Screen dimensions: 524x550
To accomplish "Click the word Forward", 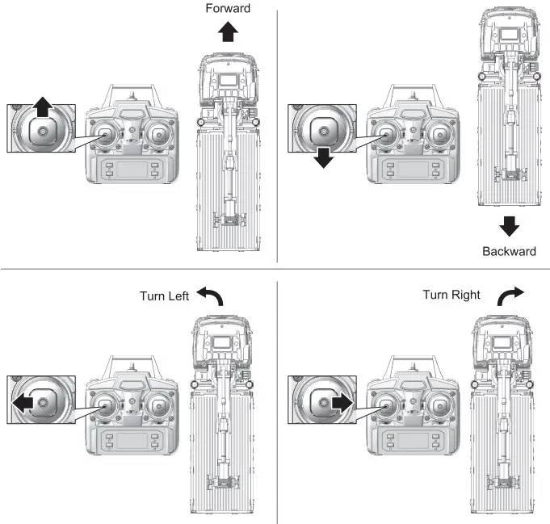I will (x=228, y=9).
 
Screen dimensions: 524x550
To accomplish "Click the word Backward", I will (x=509, y=251).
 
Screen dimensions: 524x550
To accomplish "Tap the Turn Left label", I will (x=164, y=296).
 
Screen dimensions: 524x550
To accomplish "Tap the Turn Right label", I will (x=451, y=295).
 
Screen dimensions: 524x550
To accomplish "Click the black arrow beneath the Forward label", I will (x=229, y=31).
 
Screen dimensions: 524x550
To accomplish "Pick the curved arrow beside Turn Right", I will (x=511, y=296).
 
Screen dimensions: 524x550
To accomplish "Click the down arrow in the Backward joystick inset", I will (x=324, y=156).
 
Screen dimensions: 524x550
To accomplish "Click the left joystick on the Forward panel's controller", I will (x=106, y=135).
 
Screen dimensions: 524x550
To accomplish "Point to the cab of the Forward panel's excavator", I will (x=229, y=81).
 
